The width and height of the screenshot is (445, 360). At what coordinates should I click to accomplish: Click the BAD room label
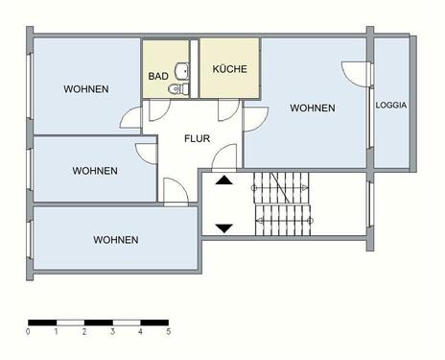coord(158,75)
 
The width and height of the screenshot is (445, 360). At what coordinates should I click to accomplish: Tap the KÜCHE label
coord(230,69)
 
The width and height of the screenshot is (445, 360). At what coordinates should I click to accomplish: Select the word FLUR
coord(198,137)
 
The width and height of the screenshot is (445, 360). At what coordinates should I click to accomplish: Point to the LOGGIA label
coord(391,105)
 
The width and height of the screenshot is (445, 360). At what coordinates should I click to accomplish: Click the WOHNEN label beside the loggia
coord(313,108)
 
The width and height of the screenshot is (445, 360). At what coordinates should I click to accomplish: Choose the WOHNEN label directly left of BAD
coord(86,89)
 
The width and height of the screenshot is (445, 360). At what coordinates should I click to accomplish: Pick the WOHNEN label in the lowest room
coord(115,240)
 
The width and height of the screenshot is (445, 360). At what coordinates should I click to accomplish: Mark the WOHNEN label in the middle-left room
coord(95,171)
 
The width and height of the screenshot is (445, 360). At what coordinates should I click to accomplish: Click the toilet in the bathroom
coord(173,89)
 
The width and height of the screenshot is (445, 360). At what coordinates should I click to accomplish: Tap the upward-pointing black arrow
coord(223,179)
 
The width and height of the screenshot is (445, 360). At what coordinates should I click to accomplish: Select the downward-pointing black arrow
coord(223,228)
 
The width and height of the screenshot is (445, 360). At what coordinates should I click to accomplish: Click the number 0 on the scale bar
coord(28,331)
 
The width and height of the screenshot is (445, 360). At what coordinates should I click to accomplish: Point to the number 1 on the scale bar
coord(56,331)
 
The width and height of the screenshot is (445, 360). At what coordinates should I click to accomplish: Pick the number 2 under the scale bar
coord(84,331)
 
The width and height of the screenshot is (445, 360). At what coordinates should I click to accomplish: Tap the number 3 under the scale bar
coord(112,331)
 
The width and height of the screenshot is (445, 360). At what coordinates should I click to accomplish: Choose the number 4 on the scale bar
coord(140,331)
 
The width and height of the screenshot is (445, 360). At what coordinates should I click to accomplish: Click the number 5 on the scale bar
coord(168,331)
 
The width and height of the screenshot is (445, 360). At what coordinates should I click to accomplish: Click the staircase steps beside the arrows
coord(282,202)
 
